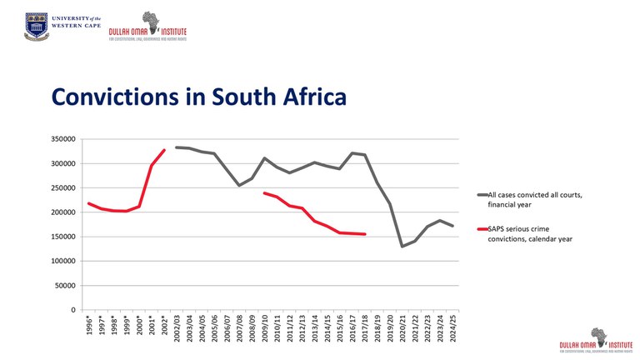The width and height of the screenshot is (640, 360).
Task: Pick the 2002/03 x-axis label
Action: click(x=177, y=327)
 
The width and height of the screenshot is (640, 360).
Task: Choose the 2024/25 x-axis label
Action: click(x=453, y=327)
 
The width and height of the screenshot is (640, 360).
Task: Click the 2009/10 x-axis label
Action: click(x=265, y=327)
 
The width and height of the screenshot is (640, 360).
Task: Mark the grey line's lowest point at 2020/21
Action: click(x=402, y=246)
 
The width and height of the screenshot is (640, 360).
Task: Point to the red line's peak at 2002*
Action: click(x=164, y=150)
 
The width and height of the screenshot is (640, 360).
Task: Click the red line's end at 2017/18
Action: click(x=365, y=234)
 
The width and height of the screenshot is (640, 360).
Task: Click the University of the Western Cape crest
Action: click(x=36, y=26)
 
